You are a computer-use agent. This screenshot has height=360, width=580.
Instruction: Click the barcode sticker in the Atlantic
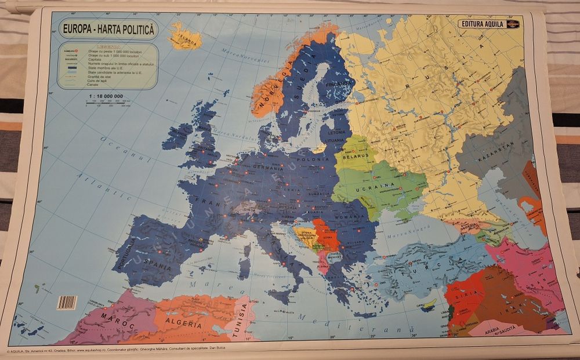(x=67, y=302)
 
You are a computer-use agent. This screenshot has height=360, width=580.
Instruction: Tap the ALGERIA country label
(x=184, y=321)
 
